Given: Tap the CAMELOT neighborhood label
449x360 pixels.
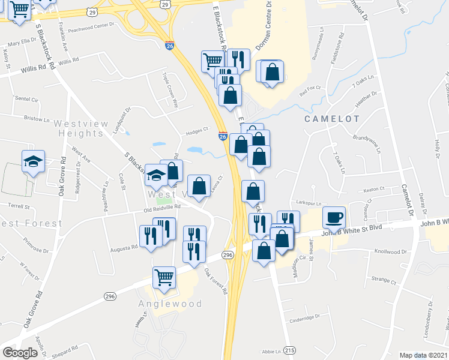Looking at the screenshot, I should [333, 119].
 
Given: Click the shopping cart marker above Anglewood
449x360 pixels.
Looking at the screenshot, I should [164, 277].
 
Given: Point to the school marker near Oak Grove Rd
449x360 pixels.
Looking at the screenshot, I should [34, 161].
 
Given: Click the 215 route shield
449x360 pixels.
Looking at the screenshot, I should [290, 350].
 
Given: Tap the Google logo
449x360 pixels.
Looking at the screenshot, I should [19, 353].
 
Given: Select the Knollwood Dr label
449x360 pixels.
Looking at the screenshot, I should [391, 252].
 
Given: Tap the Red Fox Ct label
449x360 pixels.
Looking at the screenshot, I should [310, 88].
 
